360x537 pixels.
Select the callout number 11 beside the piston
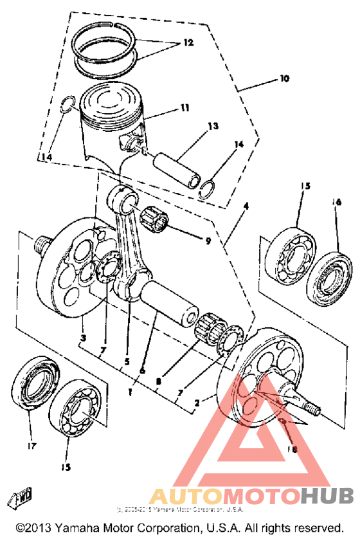[184, 109]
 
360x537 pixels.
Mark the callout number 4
[245, 207]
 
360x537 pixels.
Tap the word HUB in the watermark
[327, 496]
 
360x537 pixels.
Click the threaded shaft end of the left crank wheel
[44, 244]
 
